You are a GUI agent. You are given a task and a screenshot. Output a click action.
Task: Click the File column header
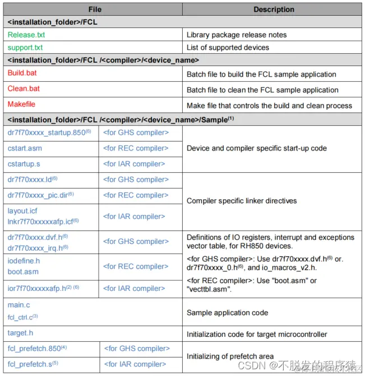[94, 10]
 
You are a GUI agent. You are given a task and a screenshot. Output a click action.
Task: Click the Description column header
[274, 10]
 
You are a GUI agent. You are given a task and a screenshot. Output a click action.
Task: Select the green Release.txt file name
[26, 35]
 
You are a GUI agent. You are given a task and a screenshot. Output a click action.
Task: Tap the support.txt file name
[25, 48]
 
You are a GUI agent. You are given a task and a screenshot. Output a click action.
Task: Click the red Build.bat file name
[22, 73]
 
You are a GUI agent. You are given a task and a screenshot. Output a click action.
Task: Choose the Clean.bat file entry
[24, 89]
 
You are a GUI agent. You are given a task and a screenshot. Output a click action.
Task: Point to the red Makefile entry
[22, 105]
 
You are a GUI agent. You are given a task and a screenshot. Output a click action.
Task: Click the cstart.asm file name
[25, 148]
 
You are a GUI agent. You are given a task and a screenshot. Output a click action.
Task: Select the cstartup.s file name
[24, 164]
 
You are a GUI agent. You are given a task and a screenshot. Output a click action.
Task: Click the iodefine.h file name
[24, 261]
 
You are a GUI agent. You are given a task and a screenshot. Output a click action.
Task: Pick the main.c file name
[19, 305]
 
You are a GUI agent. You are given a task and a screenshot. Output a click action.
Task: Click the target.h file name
[21, 333]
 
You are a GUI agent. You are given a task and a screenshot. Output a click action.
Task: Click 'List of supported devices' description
[228, 48]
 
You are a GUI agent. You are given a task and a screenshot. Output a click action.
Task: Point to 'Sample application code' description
[227, 313]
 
